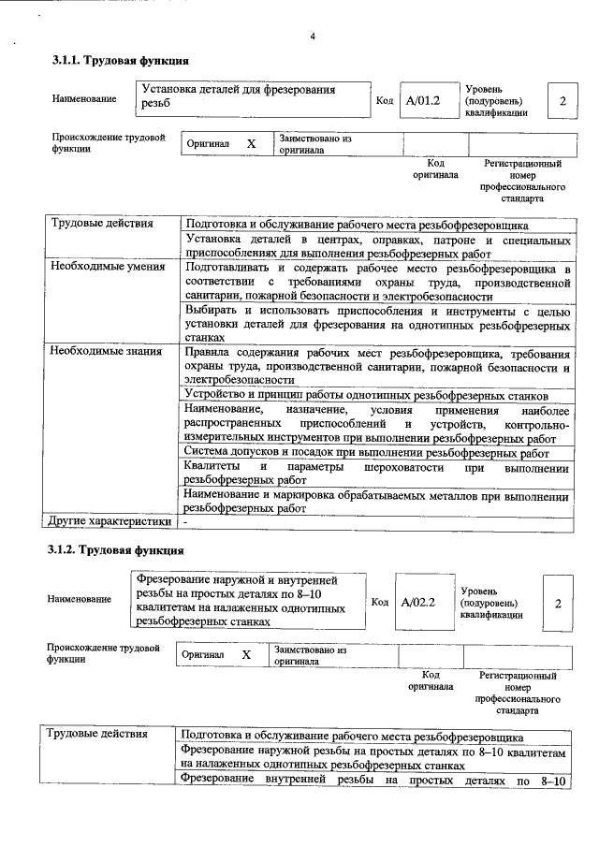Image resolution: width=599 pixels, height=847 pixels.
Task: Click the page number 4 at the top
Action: pos(314,37)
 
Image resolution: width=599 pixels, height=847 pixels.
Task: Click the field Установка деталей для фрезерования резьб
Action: pos(251,95)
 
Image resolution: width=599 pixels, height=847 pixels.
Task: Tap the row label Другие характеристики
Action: pos(110,521)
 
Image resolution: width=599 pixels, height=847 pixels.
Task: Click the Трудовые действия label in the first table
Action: pos(95,225)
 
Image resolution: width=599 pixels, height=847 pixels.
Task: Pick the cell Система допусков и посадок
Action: pos(376,452)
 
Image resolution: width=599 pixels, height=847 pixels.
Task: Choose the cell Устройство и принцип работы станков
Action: pos(376,395)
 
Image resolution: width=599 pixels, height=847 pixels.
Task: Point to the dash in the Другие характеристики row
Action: pos(185,521)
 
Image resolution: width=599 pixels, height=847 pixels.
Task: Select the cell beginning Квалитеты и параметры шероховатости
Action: pos(376,474)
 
